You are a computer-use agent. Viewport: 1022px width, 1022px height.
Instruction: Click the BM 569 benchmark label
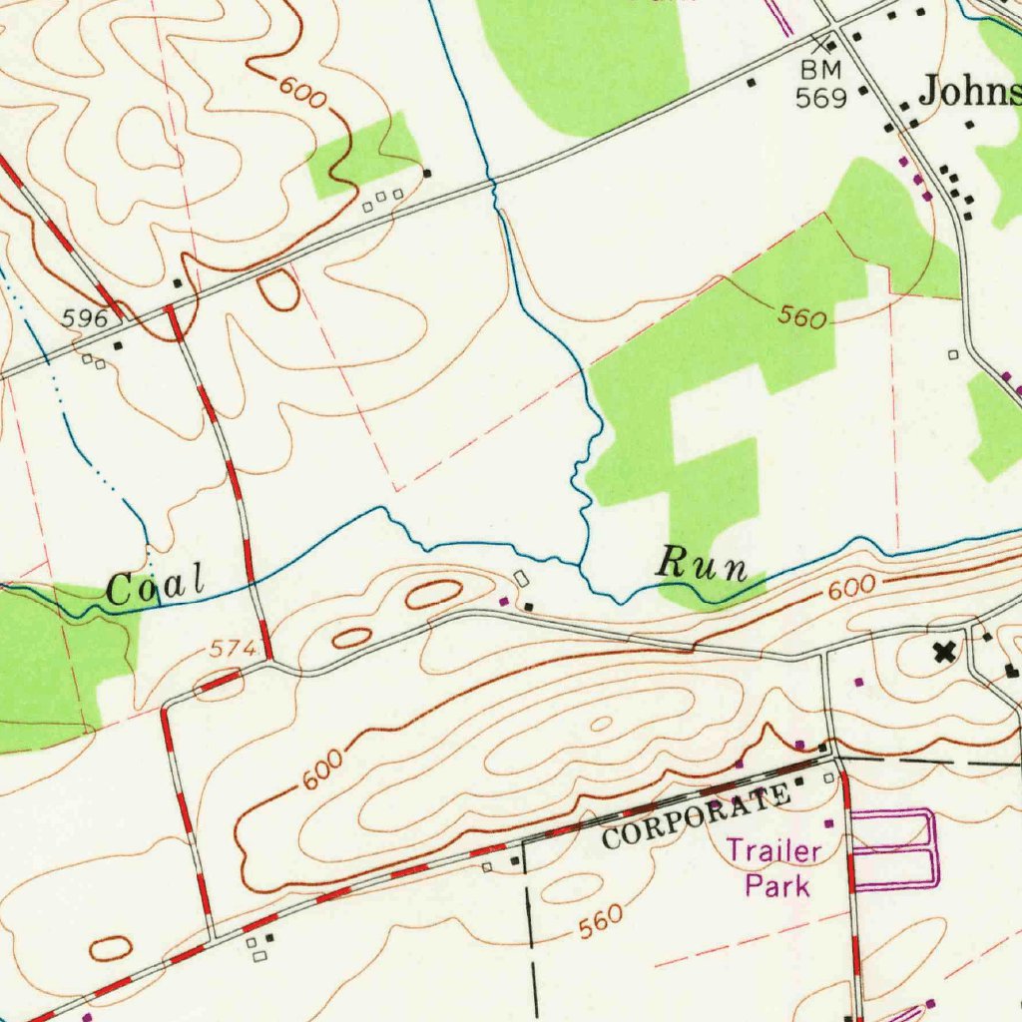[821, 83]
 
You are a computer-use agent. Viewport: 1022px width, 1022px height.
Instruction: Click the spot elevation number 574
[233, 649]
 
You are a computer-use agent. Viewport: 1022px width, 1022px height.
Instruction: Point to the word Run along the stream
[702, 565]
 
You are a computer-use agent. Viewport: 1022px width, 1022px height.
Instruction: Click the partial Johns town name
[969, 92]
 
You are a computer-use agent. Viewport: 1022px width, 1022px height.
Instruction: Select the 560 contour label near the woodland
[802, 317]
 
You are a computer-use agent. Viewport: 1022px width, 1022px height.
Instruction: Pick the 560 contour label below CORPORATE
[600, 923]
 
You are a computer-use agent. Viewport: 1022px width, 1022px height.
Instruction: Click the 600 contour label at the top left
[303, 93]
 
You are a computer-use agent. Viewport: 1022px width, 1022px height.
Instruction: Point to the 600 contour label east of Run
[850, 589]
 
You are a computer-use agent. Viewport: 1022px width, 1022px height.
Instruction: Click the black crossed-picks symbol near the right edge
[942, 653]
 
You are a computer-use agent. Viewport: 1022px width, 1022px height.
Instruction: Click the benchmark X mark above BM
[821, 44]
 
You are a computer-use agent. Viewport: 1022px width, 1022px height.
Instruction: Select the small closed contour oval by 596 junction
[277, 288]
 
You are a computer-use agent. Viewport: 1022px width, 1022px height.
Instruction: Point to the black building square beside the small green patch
[427, 173]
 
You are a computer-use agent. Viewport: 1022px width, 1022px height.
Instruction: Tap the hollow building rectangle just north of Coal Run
[522, 578]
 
